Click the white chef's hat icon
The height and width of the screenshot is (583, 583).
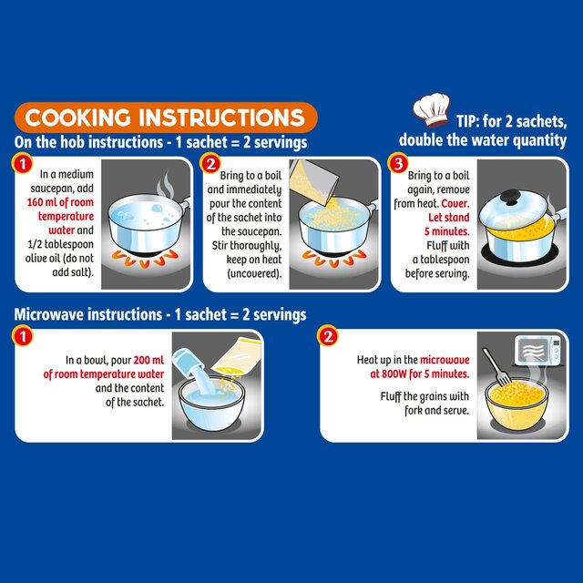pos(431,110)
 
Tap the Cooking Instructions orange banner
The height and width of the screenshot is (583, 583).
pos(166,118)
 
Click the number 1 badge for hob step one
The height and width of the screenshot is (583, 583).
pos(22,164)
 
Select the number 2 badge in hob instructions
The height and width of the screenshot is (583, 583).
pos(210,164)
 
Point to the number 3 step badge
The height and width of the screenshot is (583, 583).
pos(398,164)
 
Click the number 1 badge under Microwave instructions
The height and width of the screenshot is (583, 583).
pos(22,336)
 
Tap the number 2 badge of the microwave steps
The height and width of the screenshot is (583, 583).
pos(328,336)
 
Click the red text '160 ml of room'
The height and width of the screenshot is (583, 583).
pos(60,202)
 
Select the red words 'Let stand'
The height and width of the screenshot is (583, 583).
pos(449,217)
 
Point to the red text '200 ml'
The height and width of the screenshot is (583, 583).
pos(148,360)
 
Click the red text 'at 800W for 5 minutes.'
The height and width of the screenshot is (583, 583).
pos(420,373)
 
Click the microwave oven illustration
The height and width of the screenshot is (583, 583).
pos(538,350)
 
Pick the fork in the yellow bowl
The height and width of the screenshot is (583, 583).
pos(496,367)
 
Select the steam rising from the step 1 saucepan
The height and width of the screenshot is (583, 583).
pos(166,186)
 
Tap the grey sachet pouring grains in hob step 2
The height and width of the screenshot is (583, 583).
pos(312,180)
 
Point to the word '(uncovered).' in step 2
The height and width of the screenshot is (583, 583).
pos(254,273)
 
